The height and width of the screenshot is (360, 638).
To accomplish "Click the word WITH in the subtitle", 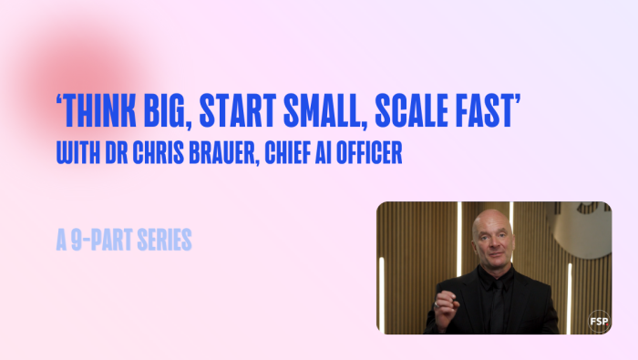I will coord(76,153).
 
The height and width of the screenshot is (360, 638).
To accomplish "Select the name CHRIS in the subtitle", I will coord(152,153).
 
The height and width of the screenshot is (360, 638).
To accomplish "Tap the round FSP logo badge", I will coord(597,321).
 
